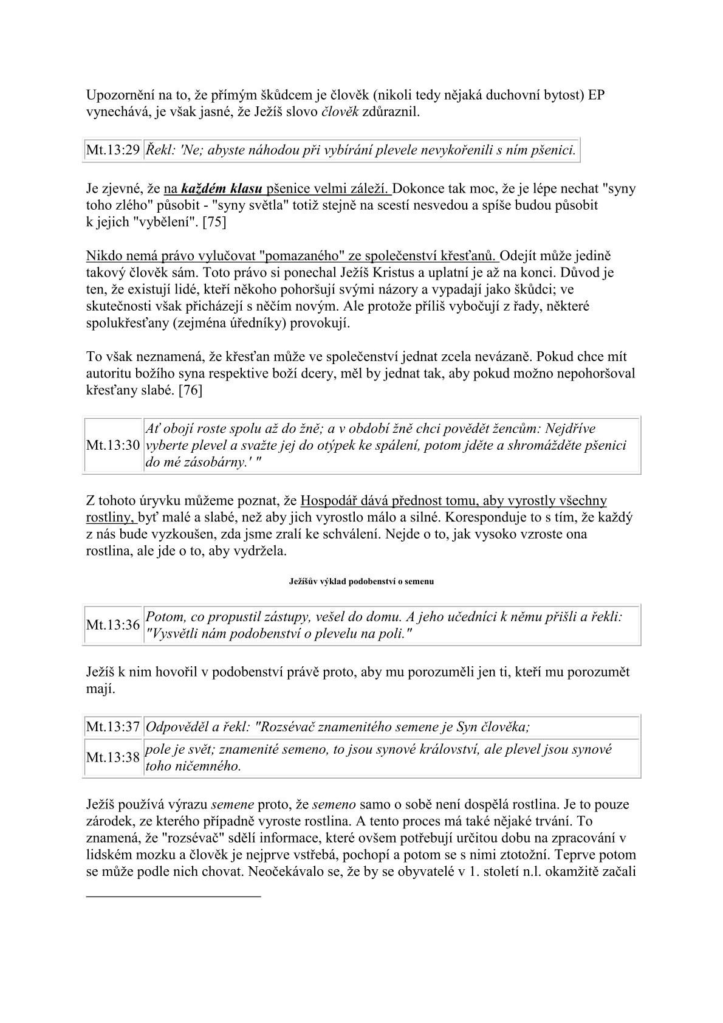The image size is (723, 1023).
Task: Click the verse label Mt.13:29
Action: (x=113, y=150)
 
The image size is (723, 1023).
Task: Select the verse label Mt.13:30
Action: (x=113, y=446)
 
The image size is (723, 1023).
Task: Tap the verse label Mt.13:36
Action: (x=113, y=625)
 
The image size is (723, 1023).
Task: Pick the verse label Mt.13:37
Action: (x=113, y=726)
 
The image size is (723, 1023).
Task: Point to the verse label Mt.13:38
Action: (x=113, y=757)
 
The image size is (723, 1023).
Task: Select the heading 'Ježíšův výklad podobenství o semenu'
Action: (x=361, y=581)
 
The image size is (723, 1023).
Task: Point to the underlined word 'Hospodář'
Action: (x=329, y=501)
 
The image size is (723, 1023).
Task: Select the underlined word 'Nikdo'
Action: (x=103, y=255)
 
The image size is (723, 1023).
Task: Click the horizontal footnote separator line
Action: (x=173, y=896)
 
